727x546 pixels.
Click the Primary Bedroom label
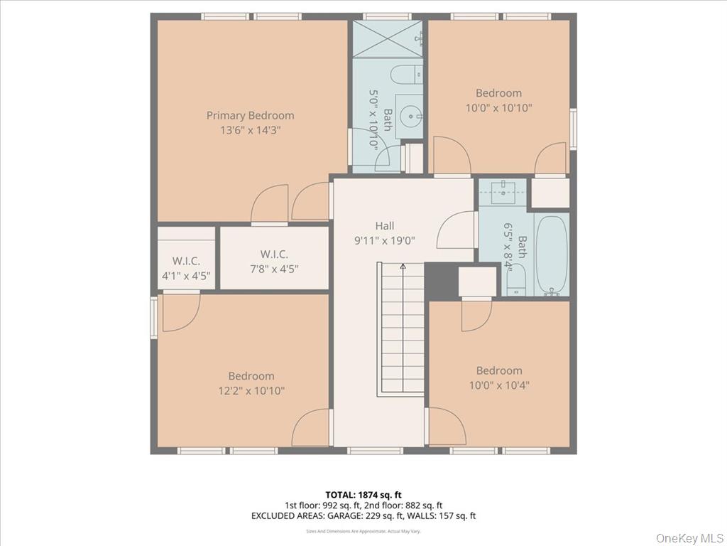[250, 115]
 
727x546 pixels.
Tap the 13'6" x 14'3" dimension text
[250, 130]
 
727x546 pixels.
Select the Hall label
[385, 225]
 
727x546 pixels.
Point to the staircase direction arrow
[403, 268]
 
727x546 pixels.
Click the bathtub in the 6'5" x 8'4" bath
[551, 254]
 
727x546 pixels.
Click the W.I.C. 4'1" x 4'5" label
[186, 269]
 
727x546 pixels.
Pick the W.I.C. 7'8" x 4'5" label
[274, 261]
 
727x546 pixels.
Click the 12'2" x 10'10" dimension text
[251, 390]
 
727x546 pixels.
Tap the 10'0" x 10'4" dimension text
[499, 385]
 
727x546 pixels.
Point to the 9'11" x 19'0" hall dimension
[385, 240]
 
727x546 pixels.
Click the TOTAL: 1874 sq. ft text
[363, 494]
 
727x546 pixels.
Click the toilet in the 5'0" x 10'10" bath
[407, 75]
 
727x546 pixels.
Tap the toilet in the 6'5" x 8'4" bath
[515, 279]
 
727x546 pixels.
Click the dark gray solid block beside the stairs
[439, 280]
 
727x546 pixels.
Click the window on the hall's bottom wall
[376, 450]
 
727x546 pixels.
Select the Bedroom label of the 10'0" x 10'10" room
[498, 92]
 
